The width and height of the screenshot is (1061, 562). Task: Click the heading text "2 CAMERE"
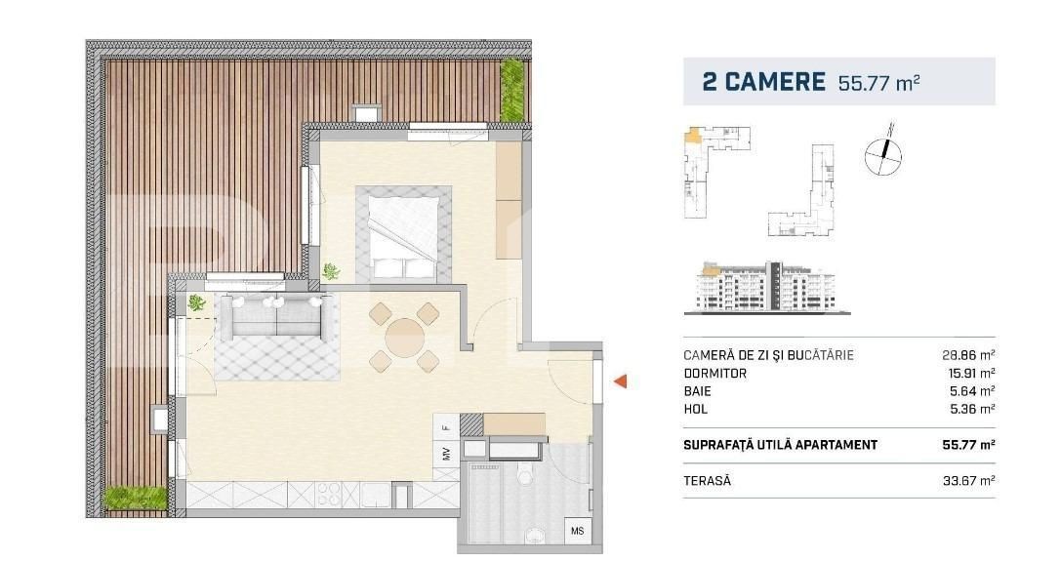pyautogui.click(x=763, y=82)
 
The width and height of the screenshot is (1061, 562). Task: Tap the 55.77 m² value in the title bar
pyautogui.click(x=879, y=83)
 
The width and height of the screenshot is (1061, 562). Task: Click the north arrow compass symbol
pyautogui.click(x=883, y=154)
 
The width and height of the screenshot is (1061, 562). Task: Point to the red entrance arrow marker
pyautogui.click(x=619, y=382)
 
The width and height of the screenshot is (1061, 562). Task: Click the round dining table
pyautogui.click(x=404, y=339)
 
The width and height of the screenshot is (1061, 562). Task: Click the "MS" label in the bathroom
pyautogui.click(x=577, y=531)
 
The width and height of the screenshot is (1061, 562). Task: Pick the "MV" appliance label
pyautogui.click(x=445, y=453)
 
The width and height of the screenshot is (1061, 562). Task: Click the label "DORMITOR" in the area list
pyautogui.click(x=715, y=374)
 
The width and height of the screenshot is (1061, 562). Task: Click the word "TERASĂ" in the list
pyautogui.click(x=707, y=481)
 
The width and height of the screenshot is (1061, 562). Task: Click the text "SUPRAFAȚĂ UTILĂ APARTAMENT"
pyautogui.click(x=780, y=445)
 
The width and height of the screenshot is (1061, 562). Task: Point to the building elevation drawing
pyautogui.click(x=772, y=287)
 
